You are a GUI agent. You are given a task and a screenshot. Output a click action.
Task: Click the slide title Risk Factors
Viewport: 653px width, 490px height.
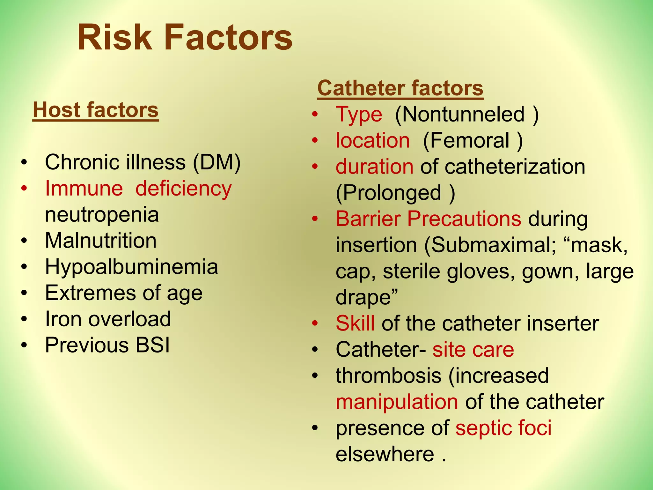185,38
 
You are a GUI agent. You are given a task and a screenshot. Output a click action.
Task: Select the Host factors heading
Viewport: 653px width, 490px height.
96,110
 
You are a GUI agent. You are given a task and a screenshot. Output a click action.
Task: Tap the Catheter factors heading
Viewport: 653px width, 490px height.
400,88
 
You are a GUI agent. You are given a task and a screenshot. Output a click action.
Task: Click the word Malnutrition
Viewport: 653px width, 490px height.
101,241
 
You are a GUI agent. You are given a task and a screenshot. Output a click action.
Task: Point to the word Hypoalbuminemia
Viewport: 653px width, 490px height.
131,267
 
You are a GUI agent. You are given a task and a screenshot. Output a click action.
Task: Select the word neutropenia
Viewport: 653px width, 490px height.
102,215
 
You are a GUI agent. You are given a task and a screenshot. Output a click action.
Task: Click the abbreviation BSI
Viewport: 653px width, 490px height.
153,345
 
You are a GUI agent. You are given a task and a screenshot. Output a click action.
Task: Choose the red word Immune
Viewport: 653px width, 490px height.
84,188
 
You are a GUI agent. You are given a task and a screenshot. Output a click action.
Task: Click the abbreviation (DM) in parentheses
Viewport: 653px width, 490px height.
217,162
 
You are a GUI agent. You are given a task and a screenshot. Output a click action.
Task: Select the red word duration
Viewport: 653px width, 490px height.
375,167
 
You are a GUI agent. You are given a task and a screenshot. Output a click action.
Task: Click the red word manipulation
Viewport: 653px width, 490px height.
397,402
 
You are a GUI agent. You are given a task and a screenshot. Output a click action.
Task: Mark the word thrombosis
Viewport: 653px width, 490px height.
388,375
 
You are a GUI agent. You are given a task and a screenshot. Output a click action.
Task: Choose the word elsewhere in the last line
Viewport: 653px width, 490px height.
385,454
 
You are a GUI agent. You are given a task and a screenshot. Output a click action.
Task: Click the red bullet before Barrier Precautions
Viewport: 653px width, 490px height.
315,219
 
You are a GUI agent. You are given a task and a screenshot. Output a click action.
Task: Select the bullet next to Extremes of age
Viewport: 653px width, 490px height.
24,293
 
